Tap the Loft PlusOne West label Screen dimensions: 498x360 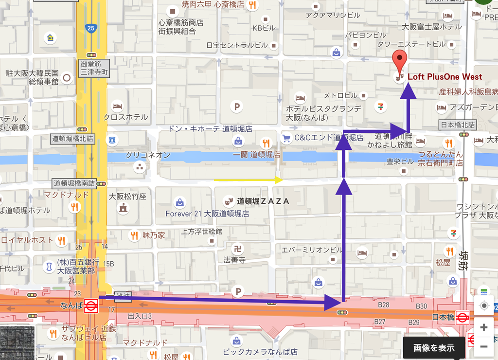tap(445, 77)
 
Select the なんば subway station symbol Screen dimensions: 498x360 tap(90, 306)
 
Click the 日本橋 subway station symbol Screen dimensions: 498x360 tap(462, 318)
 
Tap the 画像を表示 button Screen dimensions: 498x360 tap(434, 347)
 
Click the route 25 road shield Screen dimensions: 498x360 tap(91, 28)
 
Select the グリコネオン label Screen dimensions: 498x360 tap(148, 155)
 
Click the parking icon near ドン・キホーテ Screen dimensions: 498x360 tap(237, 107)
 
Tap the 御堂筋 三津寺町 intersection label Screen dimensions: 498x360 tap(95, 68)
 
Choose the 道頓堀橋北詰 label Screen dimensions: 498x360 tap(72, 139)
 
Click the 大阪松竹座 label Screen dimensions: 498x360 tap(127, 197)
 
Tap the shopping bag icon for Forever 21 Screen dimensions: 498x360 tap(179, 202)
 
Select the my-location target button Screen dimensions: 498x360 tap(483, 306)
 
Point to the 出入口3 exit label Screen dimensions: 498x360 tap(140, 317)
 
